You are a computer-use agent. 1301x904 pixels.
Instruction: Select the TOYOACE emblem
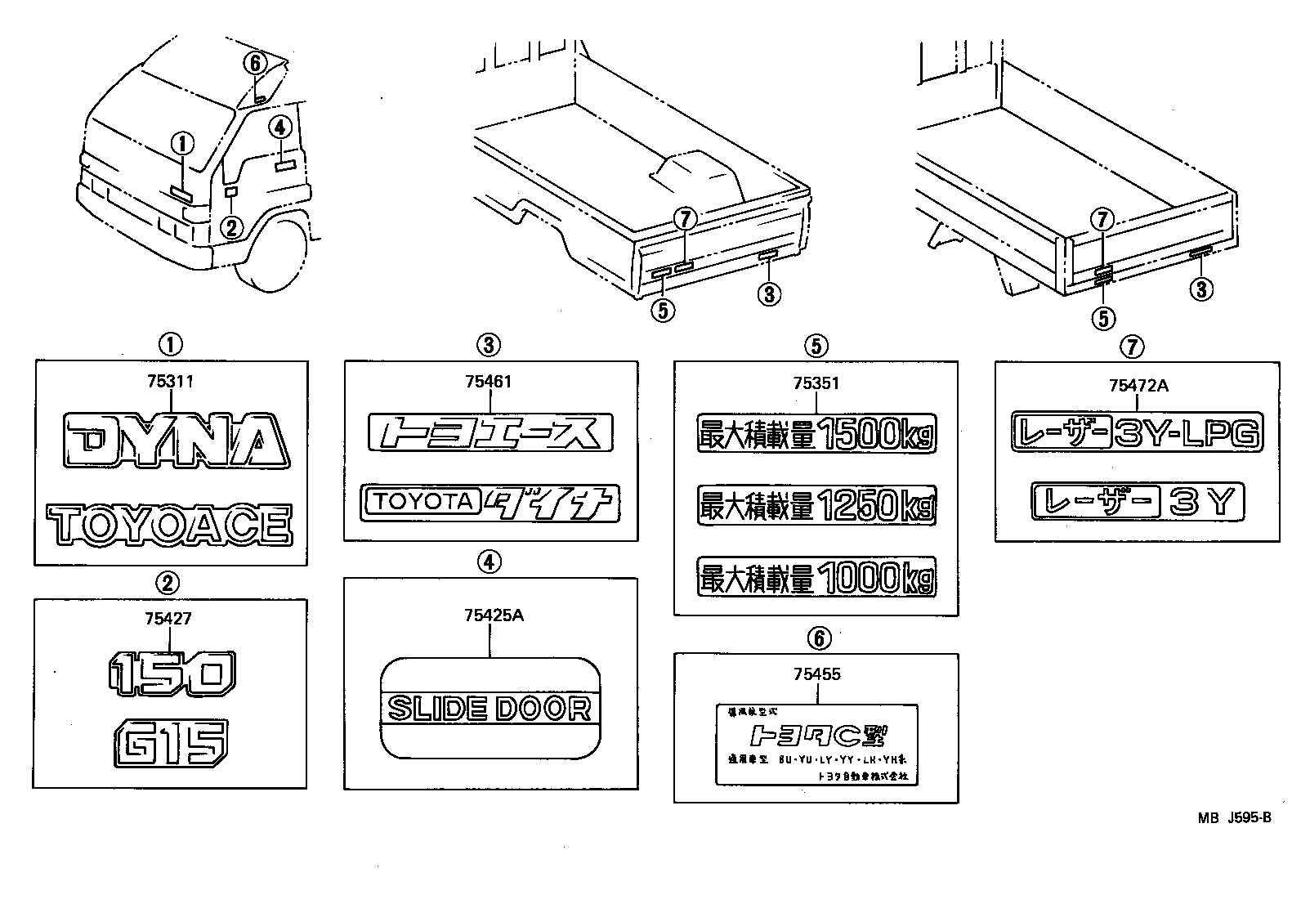click(x=169, y=525)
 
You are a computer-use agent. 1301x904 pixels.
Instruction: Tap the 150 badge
click(x=172, y=673)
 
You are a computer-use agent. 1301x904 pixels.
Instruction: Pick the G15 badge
click(x=171, y=742)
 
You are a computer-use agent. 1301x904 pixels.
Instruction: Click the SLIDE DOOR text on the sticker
click(x=490, y=709)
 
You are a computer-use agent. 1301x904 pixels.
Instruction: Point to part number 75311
click(x=171, y=381)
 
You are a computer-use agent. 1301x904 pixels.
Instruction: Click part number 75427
click(x=168, y=619)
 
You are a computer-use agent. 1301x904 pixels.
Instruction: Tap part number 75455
click(x=816, y=674)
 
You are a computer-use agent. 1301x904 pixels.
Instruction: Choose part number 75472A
click(x=1138, y=386)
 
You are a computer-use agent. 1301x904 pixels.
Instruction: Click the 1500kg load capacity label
click(x=816, y=435)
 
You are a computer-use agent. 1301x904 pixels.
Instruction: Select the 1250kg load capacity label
click(x=816, y=506)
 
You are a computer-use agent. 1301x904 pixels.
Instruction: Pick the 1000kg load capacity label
click(x=816, y=577)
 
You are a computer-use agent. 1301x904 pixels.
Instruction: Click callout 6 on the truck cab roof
click(x=255, y=63)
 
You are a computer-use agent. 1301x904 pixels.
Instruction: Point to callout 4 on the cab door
click(x=279, y=127)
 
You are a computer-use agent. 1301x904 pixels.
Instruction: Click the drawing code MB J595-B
click(x=1234, y=817)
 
